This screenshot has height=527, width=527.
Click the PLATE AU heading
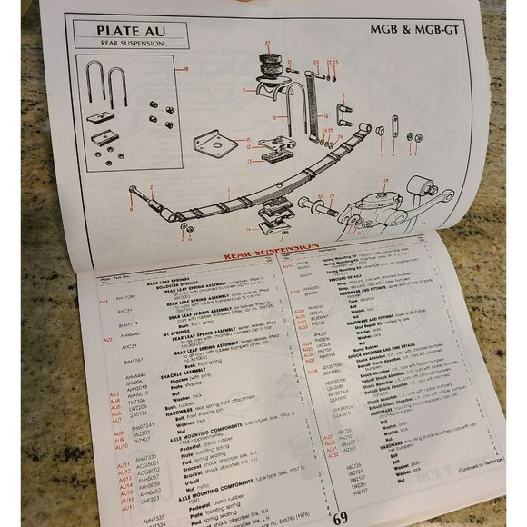coord(135,32)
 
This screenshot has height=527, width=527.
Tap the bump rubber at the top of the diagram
coord(268,65)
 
